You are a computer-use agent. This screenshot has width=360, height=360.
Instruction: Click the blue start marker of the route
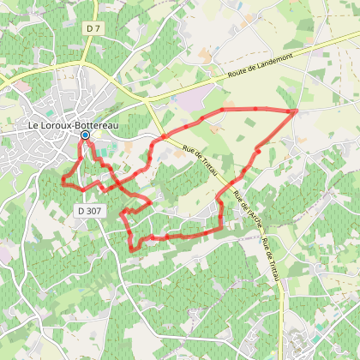(85, 135)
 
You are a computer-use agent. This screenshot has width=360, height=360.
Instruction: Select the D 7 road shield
(93, 29)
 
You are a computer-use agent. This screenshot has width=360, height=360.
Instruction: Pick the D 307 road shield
(88, 209)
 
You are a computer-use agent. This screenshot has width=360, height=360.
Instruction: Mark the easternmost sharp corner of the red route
(297, 111)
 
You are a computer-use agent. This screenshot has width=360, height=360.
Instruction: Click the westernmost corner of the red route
(62, 179)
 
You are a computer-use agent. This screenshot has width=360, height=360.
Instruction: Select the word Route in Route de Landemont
(239, 72)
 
